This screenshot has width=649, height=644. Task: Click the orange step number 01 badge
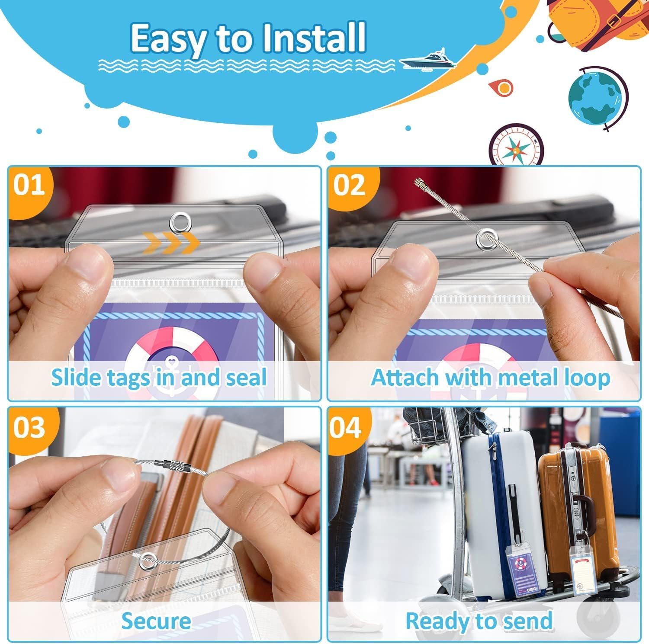click(x=29, y=185)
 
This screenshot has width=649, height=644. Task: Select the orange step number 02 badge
click(x=349, y=185)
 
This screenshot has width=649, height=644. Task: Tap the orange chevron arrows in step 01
click(x=171, y=244)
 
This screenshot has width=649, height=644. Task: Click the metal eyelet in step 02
click(x=485, y=238)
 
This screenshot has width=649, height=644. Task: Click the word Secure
click(x=156, y=621)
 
